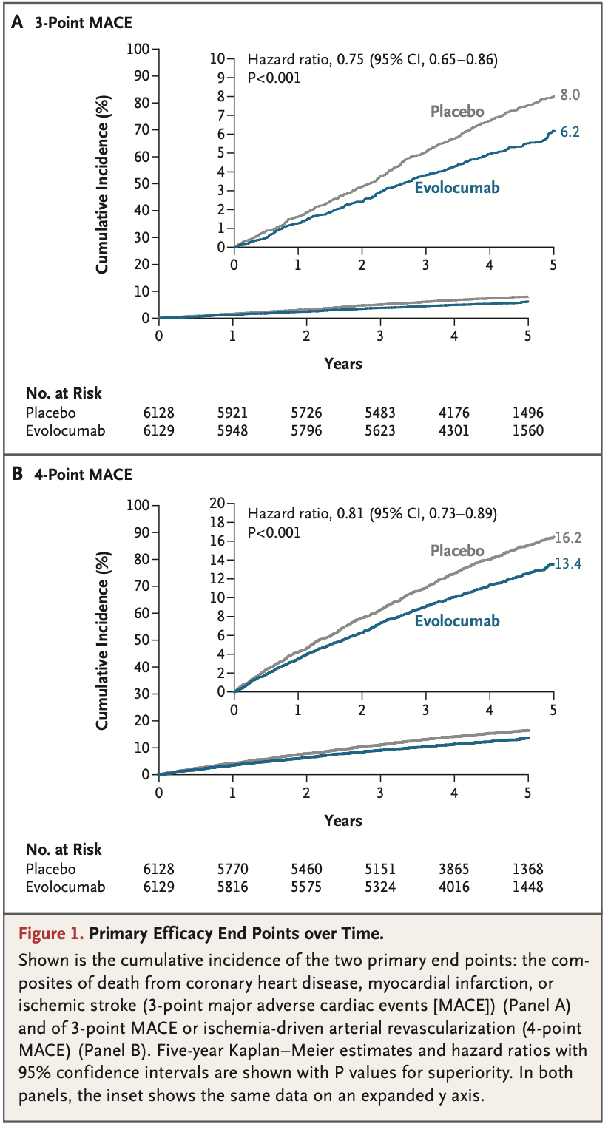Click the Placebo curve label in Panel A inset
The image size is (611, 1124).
pyautogui.click(x=457, y=112)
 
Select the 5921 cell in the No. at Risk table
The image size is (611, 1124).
pyautogui.click(x=233, y=413)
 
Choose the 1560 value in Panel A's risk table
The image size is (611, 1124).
pyautogui.click(x=528, y=430)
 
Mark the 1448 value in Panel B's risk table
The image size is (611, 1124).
pyautogui.click(x=528, y=887)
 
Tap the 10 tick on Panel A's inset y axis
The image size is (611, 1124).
pyautogui.click(x=217, y=58)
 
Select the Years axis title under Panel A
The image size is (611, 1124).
pyautogui.click(x=343, y=363)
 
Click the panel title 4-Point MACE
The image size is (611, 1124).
pyautogui.click(x=84, y=475)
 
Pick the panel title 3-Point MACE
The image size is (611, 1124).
pyautogui.click(x=84, y=23)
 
